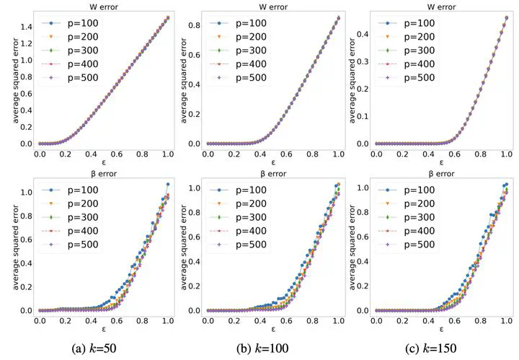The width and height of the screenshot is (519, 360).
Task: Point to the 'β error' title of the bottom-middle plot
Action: (x=266, y=175)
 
